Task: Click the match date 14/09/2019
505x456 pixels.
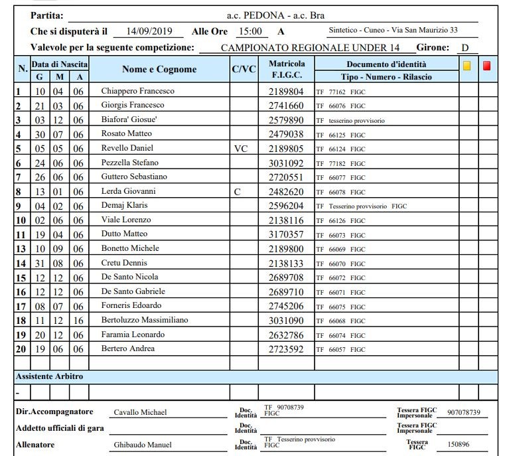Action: (x=149, y=31)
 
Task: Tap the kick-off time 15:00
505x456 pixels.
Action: (x=250, y=31)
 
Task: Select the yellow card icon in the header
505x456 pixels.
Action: (x=467, y=66)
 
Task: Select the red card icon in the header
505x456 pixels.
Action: (x=486, y=66)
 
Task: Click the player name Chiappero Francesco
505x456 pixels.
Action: (x=137, y=91)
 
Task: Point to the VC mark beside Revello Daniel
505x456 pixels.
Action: (x=241, y=148)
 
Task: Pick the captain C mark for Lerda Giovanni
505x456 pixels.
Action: (x=237, y=191)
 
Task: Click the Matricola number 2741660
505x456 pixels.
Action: (x=286, y=106)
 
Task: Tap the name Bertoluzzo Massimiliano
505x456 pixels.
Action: (x=144, y=320)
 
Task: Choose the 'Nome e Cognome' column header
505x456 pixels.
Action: (x=159, y=69)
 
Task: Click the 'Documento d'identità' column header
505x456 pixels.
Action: (x=386, y=64)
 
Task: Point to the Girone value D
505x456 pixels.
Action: (x=465, y=48)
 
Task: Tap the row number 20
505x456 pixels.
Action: (x=20, y=349)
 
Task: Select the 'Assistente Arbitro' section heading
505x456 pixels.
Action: (x=50, y=376)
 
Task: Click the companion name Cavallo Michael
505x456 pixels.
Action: (x=141, y=412)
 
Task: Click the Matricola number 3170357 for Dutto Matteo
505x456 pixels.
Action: (x=286, y=234)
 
